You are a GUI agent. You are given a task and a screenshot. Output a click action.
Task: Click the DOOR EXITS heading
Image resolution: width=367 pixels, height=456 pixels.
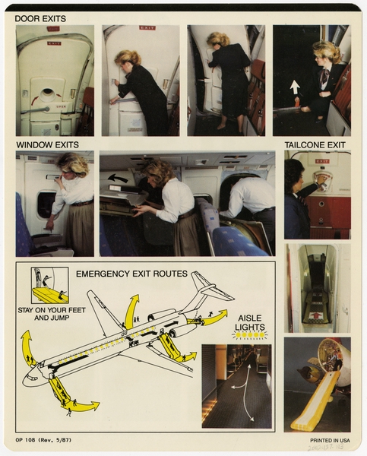coord(40,18)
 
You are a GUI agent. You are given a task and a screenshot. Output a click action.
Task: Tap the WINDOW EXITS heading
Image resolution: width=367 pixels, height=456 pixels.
coord(46,143)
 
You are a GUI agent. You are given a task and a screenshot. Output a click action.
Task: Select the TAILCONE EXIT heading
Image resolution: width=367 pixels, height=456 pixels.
coord(315,144)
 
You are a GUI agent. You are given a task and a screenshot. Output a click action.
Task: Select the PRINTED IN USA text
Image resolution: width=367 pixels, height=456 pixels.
coord(329,440)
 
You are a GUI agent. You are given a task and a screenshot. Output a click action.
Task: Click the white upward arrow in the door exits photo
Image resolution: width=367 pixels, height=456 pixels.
coord(295,87)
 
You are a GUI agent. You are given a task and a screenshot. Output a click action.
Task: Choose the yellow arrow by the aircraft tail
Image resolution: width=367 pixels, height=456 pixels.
coord(214,317)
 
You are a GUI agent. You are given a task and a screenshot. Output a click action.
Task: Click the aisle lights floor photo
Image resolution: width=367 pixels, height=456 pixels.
coord(236,385)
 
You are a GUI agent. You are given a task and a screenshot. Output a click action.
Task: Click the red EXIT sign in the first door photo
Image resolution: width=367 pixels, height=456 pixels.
coord(54,43)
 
